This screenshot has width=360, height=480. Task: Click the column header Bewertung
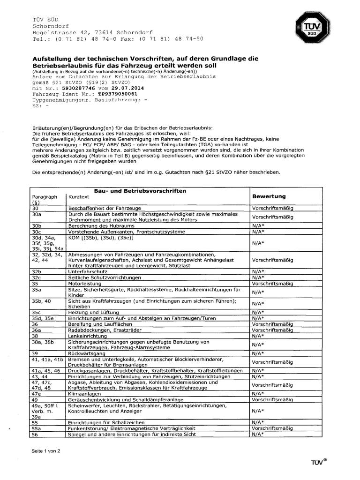click(269, 196)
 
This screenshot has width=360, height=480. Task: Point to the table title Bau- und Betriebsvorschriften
click(140, 191)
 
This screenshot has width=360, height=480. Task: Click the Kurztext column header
click(79, 197)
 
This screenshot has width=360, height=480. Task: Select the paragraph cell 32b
click(37, 271)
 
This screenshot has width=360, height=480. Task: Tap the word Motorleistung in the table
click(85, 283)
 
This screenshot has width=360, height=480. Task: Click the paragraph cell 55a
click(37, 428)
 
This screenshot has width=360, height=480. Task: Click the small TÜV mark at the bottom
click(318, 463)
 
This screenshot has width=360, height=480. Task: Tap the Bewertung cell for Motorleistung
click(272, 283)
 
